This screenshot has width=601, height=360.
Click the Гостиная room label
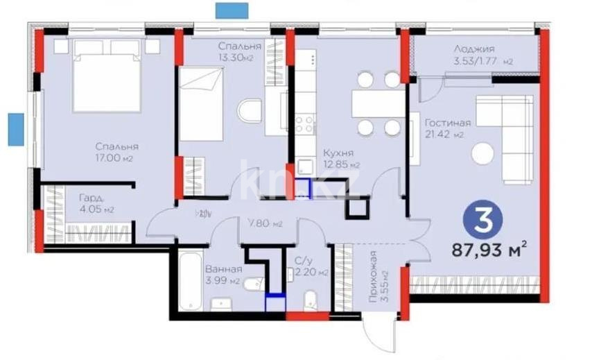(448, 123)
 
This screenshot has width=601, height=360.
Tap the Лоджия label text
(474, 49)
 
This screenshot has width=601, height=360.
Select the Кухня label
(338, 153)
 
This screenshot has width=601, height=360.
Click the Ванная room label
(223, 269)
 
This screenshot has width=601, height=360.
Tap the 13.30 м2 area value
(235, 58)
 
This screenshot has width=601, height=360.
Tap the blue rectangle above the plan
(232, 10)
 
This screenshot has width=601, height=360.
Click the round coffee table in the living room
(482, 153)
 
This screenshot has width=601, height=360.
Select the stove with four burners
(305, 124)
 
